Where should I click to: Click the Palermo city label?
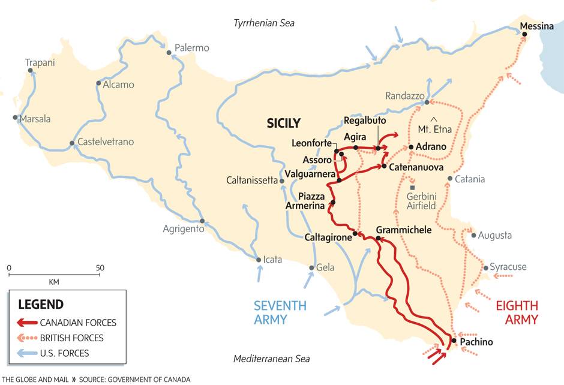point(192,47)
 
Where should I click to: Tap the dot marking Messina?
point(524,35)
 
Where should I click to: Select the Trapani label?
point(40,62)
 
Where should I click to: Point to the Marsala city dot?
point(15,118)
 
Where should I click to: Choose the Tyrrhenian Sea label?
point(264,23)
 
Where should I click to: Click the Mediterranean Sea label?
point(272,359)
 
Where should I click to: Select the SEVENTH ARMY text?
point(280,312)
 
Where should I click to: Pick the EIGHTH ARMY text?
point(517,312)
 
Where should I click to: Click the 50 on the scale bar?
point(100,267)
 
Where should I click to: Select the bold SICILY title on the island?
point(283,124)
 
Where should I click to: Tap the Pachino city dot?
point(454,341)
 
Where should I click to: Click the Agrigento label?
point(183,228)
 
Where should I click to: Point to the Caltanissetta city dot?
point(281,181)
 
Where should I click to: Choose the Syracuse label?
point(508,267)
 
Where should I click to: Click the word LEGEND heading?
point(41,305)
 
